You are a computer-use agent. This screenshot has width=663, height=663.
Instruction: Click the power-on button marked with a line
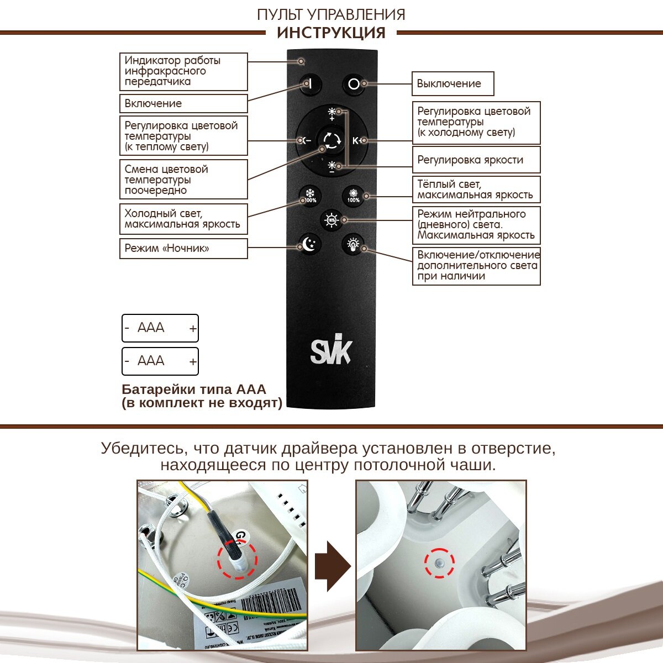(x=310, y=84)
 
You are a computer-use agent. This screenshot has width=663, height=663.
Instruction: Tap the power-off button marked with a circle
(x=354, y=84)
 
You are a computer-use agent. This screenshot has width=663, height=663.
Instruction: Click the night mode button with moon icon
(x=309, y=243)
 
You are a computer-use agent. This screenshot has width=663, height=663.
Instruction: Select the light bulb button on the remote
(x=354, y=243)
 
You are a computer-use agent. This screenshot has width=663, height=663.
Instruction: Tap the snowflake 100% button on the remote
(x=310, y=195)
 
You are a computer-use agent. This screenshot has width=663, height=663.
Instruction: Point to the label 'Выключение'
(x=452, y=84)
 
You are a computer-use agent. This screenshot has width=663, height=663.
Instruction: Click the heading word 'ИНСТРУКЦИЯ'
(x=331, y=33)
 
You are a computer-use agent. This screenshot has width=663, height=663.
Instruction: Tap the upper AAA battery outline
(x=160, y=328)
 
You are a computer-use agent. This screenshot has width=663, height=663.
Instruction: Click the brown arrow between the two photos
(x=332, y=567)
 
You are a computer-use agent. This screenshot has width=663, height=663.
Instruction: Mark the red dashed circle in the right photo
(x=439, y=563)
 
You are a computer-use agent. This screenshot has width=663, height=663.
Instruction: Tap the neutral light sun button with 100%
(x=331, y=219)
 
